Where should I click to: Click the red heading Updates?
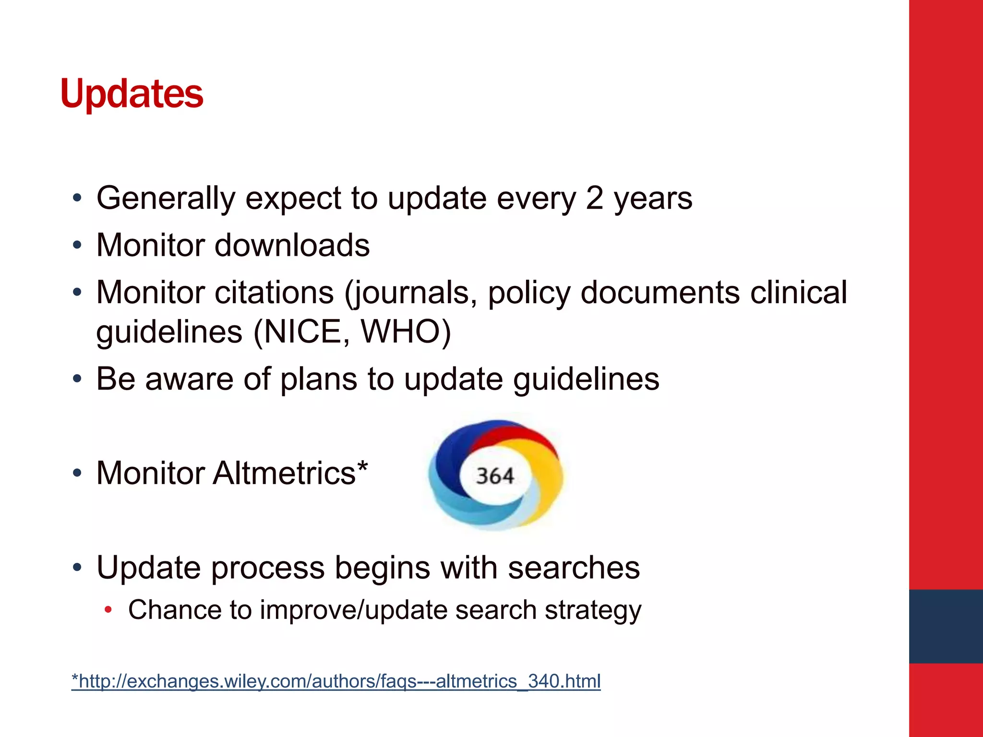click(x=132, y=94)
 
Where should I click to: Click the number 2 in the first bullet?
click(x=594, y=198)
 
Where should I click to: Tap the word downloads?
click(x=292, y=245)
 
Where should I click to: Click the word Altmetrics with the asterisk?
click(x=290, y=473)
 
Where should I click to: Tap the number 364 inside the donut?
click(x=495, y=476)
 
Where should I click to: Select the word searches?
click(x=574, y=568)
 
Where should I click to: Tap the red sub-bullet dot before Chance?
click(x=108, y=610)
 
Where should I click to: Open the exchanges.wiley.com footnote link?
click(x=336, y=681)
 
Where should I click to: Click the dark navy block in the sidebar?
click(x=946, y=626)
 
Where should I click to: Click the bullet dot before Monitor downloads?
click(x=77, y=246)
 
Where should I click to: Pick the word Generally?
click(x=166, y=198)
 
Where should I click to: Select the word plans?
click(x=319, y=379)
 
